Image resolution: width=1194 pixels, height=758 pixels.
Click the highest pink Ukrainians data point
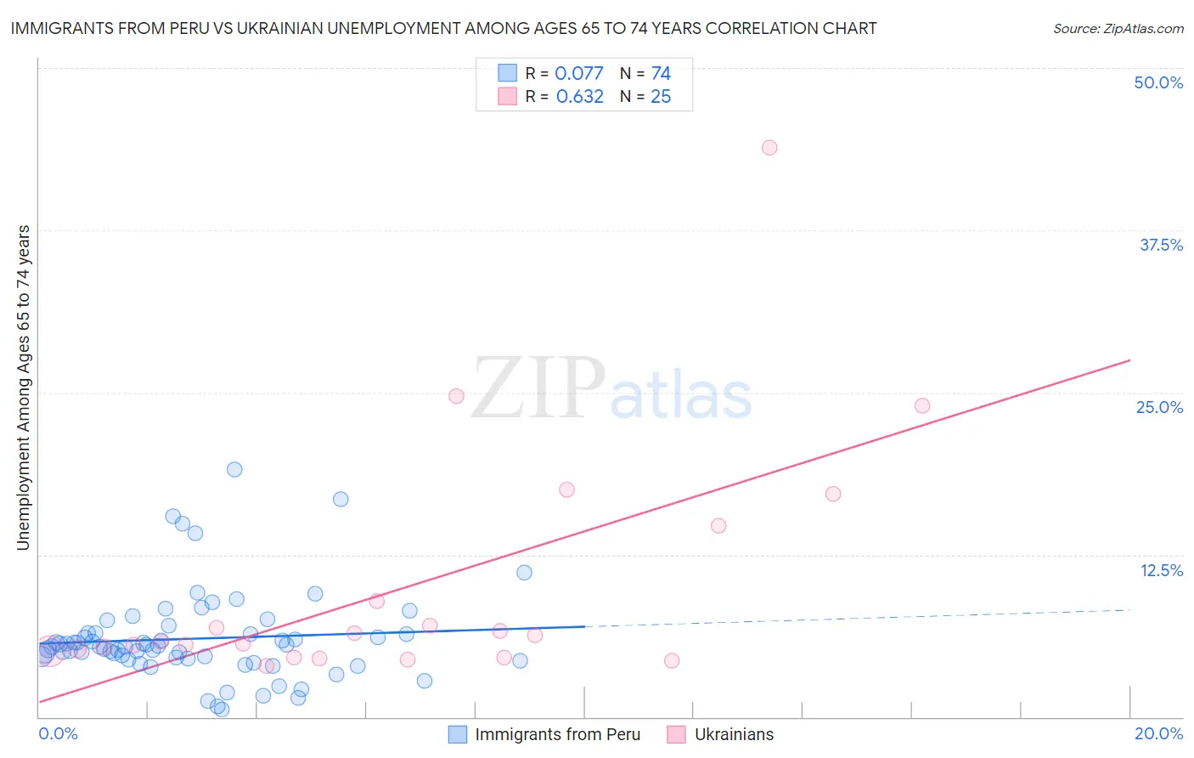coord(769,148)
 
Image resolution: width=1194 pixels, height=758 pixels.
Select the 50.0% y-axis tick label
coord(1158,82)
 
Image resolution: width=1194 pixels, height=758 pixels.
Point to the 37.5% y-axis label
coord(1161,245)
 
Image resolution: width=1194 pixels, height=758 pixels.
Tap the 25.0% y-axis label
coord(1159,407)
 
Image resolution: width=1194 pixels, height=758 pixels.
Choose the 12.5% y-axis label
coord(1161,570)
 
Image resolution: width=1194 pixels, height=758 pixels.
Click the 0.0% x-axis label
coord(58,734)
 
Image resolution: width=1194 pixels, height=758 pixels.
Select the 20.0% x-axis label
coord(1158,734)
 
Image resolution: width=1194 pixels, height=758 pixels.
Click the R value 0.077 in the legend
coord(579,74)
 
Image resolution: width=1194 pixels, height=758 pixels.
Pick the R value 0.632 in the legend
coord(580,97)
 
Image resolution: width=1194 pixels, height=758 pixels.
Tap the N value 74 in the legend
coord(661,74)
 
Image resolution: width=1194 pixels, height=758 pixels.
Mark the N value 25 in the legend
coord(661,97)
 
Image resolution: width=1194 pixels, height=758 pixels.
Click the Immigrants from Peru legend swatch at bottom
coord(458,735)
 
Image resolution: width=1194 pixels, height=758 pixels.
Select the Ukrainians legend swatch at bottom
coord(677,735)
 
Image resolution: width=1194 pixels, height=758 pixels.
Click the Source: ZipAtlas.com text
coord(1118,29)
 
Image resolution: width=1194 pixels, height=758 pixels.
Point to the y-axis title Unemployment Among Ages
coord(24,387)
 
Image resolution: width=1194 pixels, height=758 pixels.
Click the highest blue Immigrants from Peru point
coord(234,470)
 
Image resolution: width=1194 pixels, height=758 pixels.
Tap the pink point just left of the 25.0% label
coord(922,406)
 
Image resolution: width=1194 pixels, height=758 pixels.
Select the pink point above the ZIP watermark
coord(456,396)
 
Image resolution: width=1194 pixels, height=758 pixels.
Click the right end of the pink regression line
coord(1129,360)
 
